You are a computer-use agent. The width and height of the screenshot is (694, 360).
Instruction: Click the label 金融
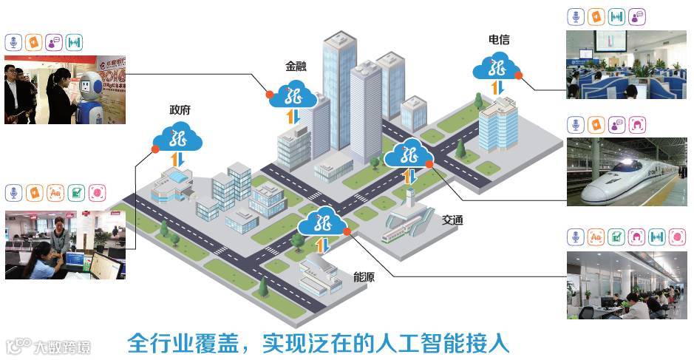(296, 66)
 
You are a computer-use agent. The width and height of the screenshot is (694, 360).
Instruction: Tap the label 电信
(499, 39)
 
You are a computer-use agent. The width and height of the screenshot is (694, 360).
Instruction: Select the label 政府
(180, 110)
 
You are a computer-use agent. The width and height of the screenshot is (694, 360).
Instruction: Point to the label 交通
(453, 220)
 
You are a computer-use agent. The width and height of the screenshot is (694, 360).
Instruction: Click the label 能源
(364, 277)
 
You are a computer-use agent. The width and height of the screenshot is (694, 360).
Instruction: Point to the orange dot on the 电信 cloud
(519, 75)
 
